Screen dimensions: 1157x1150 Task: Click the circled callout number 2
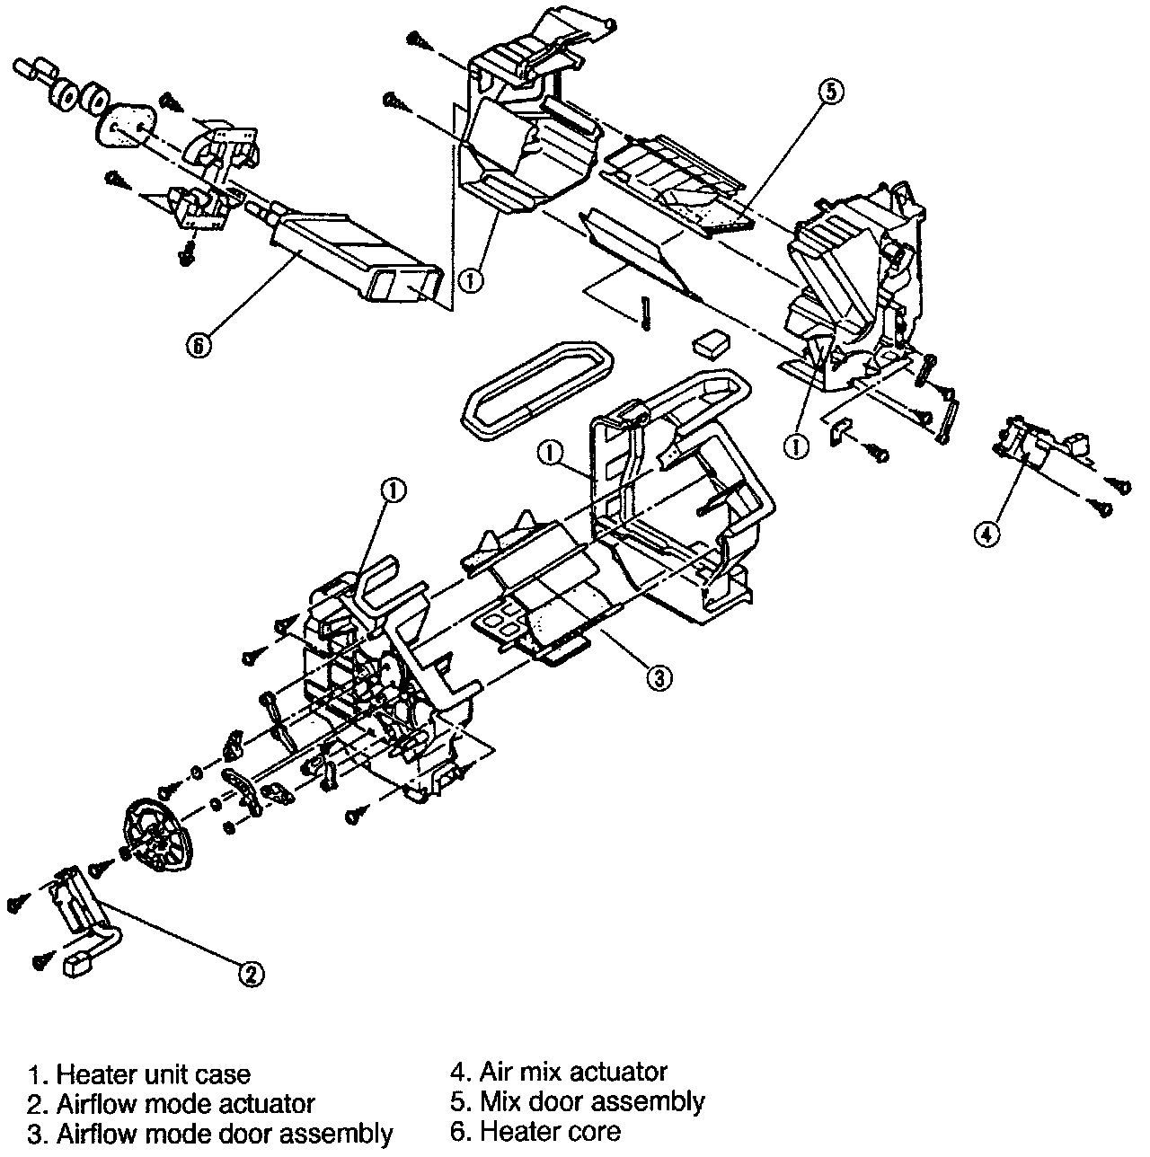[251, 973]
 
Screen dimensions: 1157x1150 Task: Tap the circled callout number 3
[659, 678]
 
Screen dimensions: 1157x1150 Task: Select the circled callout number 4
[986, 534]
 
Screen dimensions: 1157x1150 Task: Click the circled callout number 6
[199, 344]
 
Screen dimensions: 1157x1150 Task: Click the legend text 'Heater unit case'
[153, 1074]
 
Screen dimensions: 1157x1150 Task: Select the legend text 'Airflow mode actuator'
[185, 1104]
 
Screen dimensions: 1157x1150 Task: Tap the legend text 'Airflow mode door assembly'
[224, 1134]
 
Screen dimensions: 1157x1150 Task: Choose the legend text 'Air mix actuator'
[573, 1072]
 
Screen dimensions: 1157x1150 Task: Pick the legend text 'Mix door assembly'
[592, 1101]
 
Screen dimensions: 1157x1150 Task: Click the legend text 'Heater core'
[550, 1131]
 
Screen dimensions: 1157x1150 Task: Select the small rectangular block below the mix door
[711, 342]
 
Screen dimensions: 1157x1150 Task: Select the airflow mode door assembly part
[539, 593]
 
